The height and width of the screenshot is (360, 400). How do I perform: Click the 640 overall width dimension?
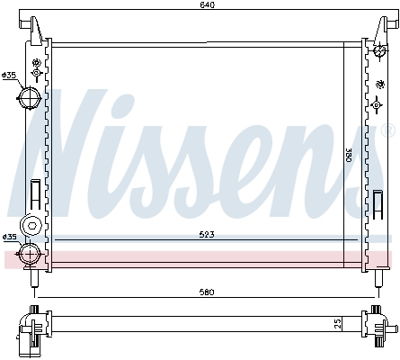[208, 5]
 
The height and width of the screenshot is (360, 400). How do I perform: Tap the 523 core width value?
[206, 236]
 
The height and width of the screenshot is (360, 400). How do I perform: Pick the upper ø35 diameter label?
[10, 75]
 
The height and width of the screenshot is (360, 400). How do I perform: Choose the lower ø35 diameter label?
[10, 238]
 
